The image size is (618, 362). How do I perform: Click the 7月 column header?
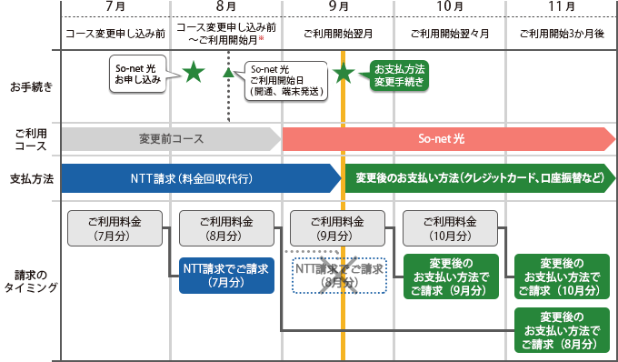[x=115, y=7]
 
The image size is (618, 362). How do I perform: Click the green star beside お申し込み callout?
[x=193, y=73]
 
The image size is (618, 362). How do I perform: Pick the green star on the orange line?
[x=343, y=73]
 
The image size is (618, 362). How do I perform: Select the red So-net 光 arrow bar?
[x=450, y=139]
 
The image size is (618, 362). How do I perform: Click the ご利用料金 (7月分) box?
[x=115, y=228]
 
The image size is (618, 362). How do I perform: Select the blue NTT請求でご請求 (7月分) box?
[x=225, y=275]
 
